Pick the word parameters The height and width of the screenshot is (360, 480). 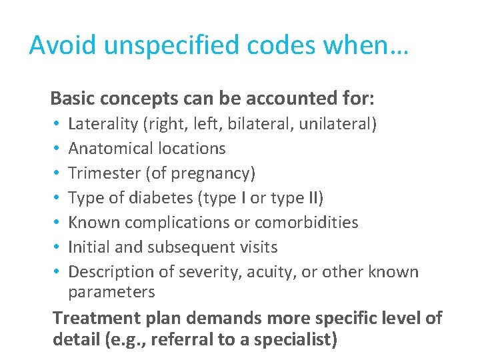pos(112,292)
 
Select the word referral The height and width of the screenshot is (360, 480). pos(187,339)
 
